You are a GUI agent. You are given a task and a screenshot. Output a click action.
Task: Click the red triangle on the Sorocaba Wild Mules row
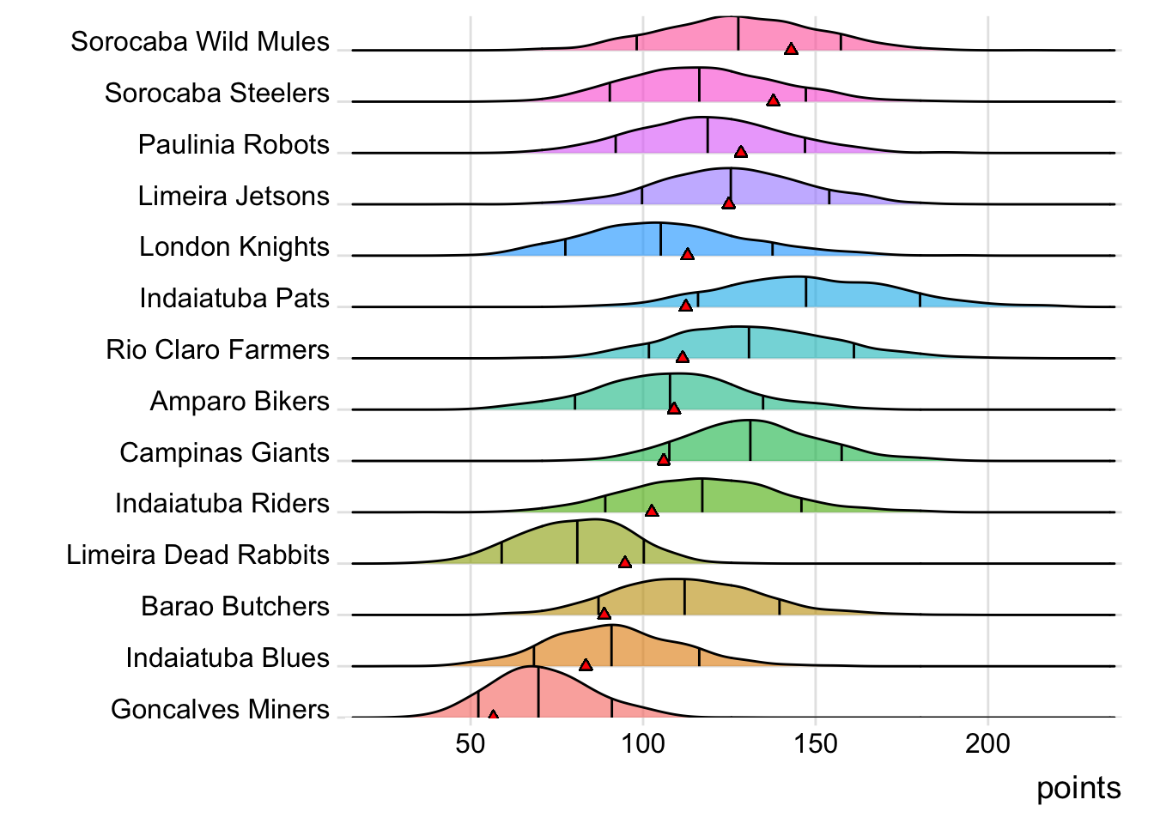(x=791, y=49)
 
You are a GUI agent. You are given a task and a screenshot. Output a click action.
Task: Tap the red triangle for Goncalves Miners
(x=493, y=714)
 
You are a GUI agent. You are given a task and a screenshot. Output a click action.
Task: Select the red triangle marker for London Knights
(x=687, y=254)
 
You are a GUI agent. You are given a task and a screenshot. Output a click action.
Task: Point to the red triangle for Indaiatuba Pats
(x=685, y=306)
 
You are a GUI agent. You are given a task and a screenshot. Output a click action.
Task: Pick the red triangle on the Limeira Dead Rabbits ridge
(x=625, y=562)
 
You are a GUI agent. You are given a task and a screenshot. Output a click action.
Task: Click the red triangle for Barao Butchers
(x=604, y=614)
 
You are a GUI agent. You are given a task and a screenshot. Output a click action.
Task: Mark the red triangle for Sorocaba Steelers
(x=773, y=100)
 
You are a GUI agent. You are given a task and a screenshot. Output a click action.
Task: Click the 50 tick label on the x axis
(x=471, y=743)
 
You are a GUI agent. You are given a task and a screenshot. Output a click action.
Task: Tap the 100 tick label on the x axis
(x=643, y=743)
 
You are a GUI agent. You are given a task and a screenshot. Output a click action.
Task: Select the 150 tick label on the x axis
(x=816, y=743)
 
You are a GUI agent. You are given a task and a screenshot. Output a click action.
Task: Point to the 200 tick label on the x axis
(x=987, y=743)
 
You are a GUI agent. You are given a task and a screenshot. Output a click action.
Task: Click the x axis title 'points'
(x=1078, y=788)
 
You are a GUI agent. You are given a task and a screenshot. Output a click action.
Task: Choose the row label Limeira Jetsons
(x=234, y=196)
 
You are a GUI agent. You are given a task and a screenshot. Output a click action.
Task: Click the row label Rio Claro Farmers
(x=217, y=349)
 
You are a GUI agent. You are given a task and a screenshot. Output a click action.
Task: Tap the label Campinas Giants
(x=224, y=452)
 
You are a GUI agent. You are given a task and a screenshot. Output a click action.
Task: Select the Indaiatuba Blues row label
(x=228, y=657)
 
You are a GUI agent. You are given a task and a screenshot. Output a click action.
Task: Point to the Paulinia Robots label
(x=234, y=144)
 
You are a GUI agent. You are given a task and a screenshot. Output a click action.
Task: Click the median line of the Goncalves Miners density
(x=538, y=692)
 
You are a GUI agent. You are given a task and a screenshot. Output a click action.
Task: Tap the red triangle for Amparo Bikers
(x=674, y=409)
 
